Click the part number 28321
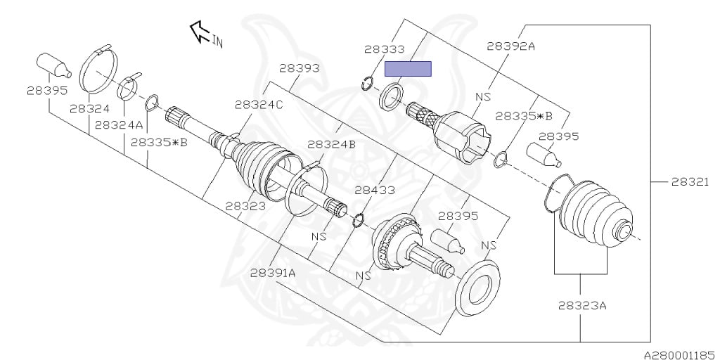pos(690,182)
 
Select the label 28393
pos(300,68)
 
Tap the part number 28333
pos(385,49)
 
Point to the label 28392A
pos(511,46)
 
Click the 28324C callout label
pos(259,105)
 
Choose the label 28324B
pos(332,144)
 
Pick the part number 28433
pos(375,189)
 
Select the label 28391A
pos(273,273)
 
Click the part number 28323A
pos(582,305)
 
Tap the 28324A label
pos(119,125)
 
